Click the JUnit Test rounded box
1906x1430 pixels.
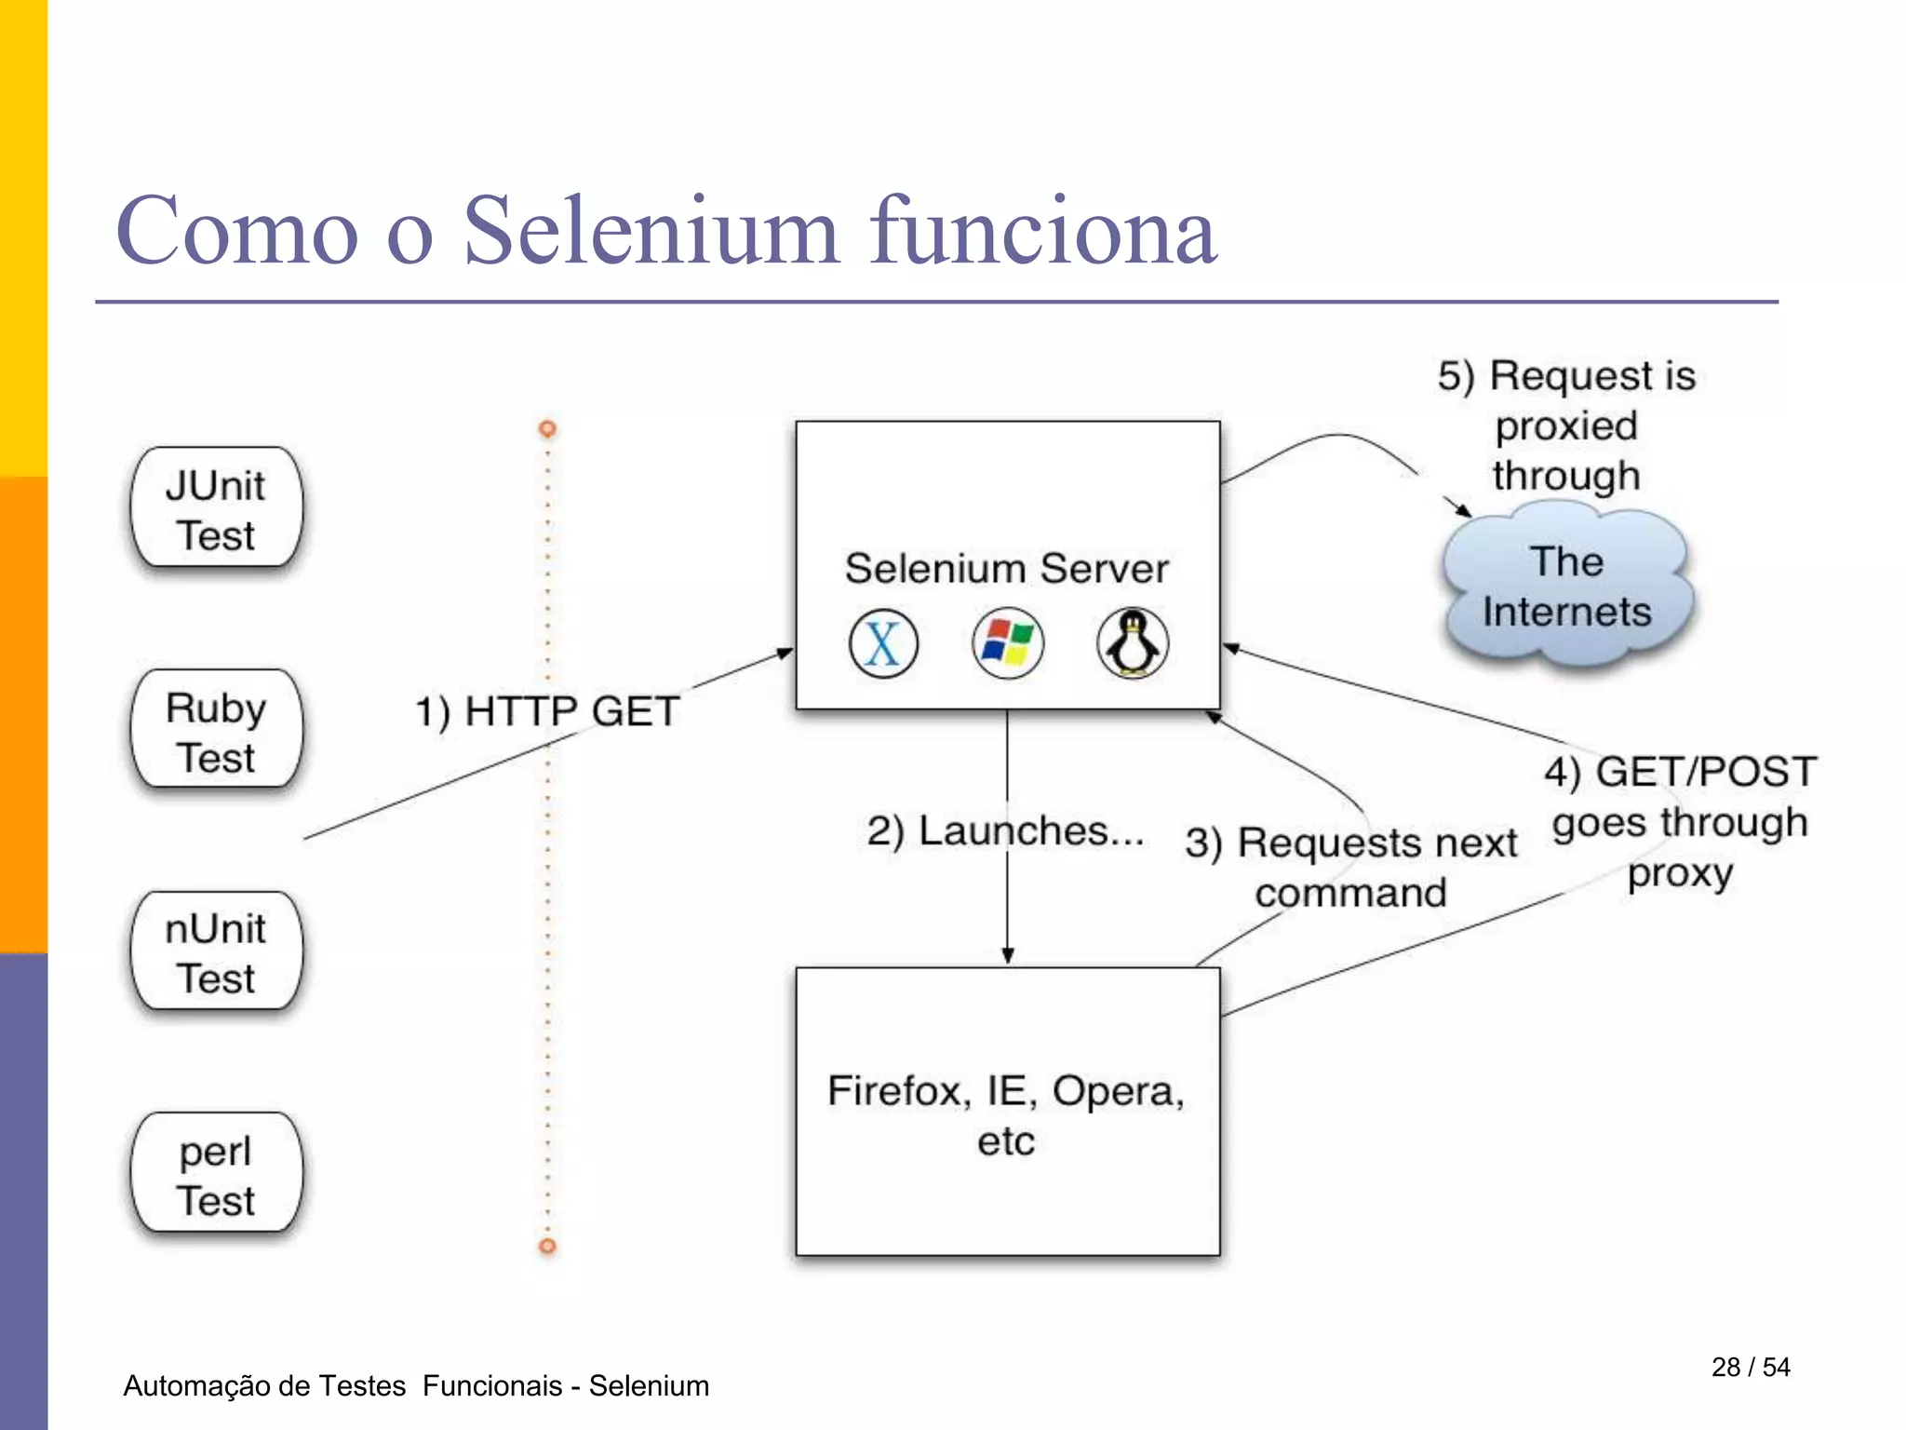click(x=216, y=508)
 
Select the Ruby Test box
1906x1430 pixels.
click(x=216, y=731)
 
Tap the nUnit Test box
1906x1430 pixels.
click(x=216, y=952)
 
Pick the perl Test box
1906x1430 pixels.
click(x=216, y=1174)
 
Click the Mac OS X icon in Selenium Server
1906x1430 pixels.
click(x=883, y=643)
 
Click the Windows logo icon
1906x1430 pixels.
click(x=1008, y=643)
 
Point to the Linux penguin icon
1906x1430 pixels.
click(x=1132, y=643)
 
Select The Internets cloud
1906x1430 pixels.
click(x=1566, y=587)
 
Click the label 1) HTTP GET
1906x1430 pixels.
click(x=547, y=711)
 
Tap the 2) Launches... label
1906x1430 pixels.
click(x=1005, y=830)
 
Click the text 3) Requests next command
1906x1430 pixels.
click(x=1350, y=867)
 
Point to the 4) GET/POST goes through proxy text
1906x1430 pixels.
click(x=1680, y=821)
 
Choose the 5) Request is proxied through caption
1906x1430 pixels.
click(x=1566, y=425)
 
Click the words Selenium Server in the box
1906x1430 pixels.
click(x=1006, y=568)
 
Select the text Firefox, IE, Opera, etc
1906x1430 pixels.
click(x=1006, y=1114)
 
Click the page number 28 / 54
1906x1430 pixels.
click(x=1750, y=1367)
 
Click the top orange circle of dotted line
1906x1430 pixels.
click(x=547, y=428)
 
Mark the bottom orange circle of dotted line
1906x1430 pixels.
click(x=547, y=1246)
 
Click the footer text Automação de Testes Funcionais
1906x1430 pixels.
click(x=344, y=1385)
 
